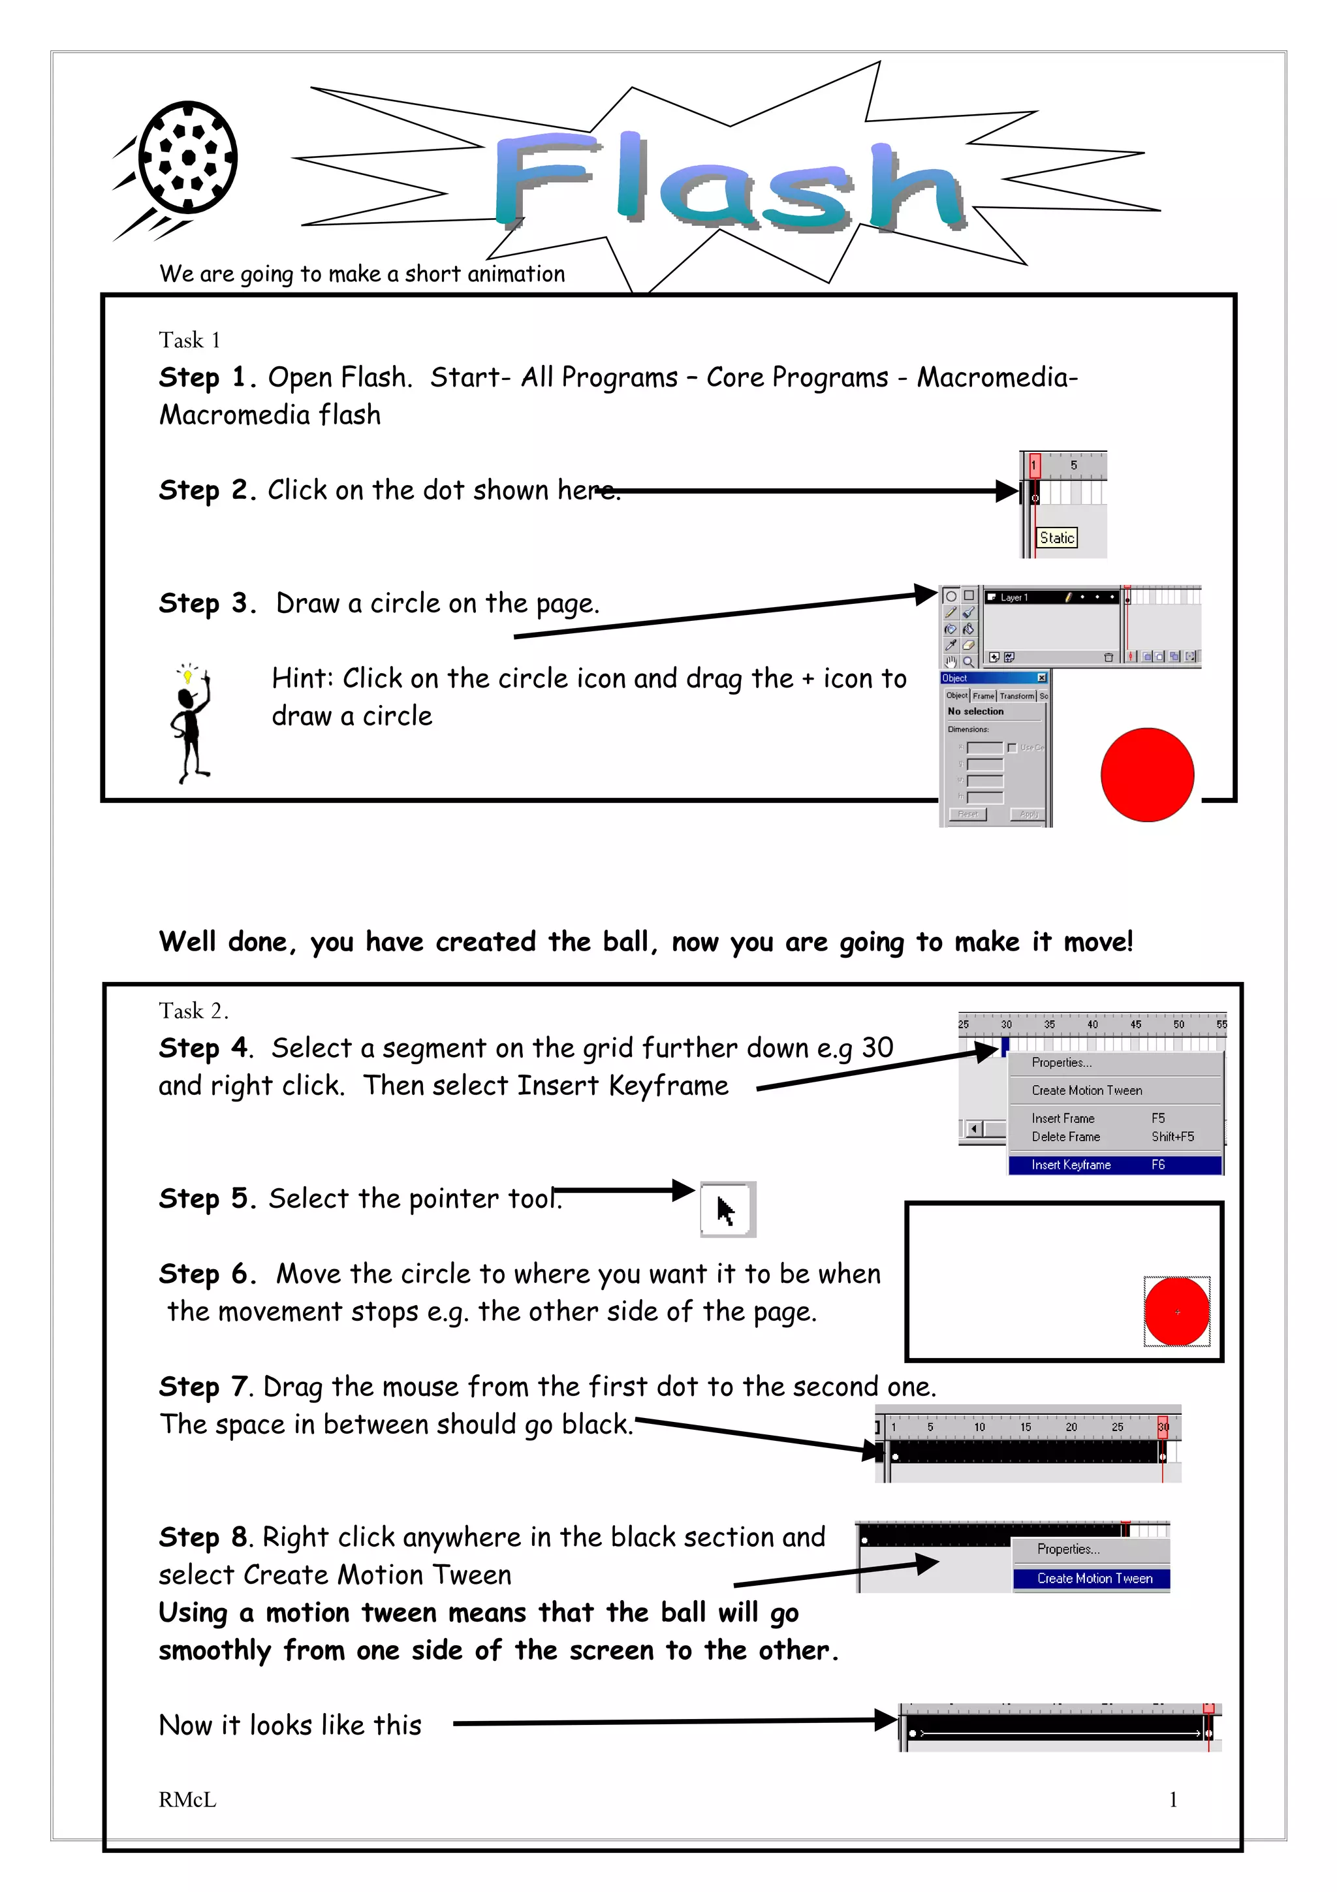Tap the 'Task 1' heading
[x=189, y=340]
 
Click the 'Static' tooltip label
[x=1057, y=538]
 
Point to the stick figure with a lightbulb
[x=191, y=723]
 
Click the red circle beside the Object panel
[x=1148, y=774]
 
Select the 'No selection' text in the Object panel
[x=975, y=711]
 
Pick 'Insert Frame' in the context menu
[x=1063, y=1118]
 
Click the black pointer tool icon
[x=727, y=1210]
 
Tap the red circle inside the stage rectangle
[x=1177, y=1312]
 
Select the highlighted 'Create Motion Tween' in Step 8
[x=1094, y=1579]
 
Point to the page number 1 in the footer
[x=1173, y=1800]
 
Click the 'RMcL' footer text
[x=188, y=1801]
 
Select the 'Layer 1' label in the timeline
[x=1014, y=597]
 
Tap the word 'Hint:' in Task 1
[x=302, y=679]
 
